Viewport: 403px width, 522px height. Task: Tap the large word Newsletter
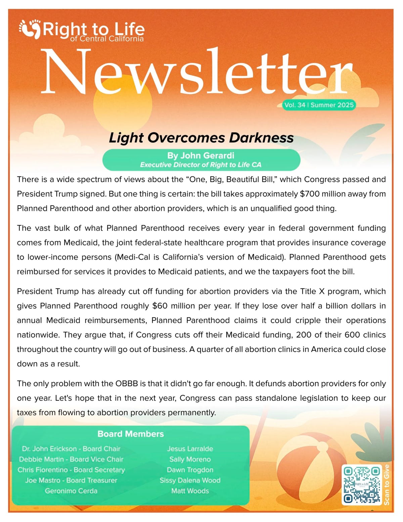point(196,72)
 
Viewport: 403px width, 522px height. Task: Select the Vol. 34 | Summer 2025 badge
point(319,105)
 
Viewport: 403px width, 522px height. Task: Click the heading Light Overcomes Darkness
point(201,138)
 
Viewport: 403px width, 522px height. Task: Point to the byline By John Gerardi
point(200,156)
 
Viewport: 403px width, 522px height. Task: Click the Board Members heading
point(131,434)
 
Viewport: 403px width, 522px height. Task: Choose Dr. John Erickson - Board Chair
point(71,449)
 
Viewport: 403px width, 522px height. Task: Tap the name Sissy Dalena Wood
point(190,480)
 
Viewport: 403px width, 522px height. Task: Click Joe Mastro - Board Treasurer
point(71,480)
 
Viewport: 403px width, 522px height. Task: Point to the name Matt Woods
point(190,491)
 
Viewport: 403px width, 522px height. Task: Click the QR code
point(362,485)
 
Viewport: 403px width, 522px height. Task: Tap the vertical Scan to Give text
point(387,485)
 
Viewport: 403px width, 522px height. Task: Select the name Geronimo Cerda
point(71,491)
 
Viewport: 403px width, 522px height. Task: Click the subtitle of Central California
point(107,39)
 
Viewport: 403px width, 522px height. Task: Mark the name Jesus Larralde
point(190,449)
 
